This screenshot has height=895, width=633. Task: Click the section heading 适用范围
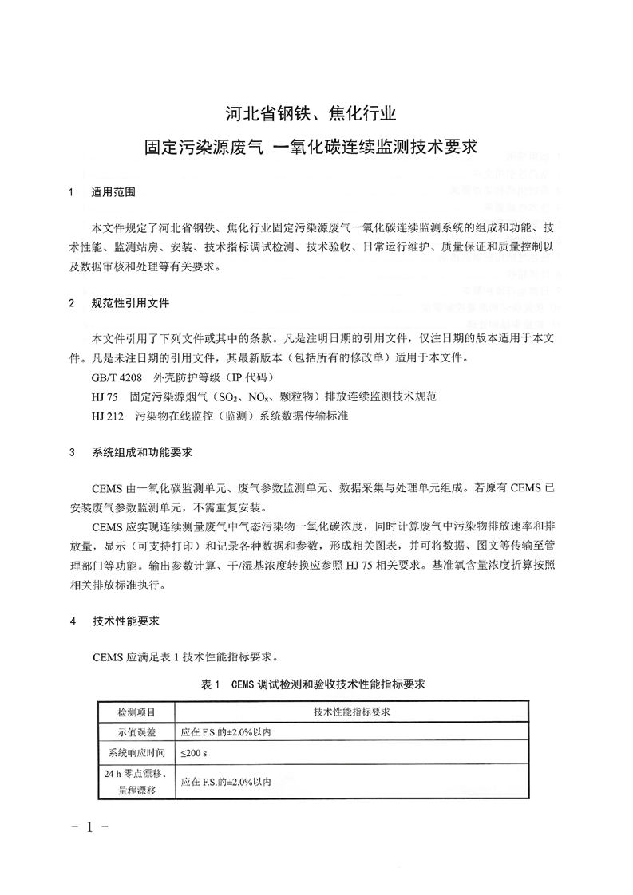(113, 192)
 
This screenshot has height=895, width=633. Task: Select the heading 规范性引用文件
(130, 304)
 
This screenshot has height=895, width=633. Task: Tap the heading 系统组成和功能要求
(141, 452)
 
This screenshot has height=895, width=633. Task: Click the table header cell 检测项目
(136, 711)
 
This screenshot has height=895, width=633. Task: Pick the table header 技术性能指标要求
(351, 711)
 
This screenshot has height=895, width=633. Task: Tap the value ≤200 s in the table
(194, 752)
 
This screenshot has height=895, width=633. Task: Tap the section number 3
(72, 452)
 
